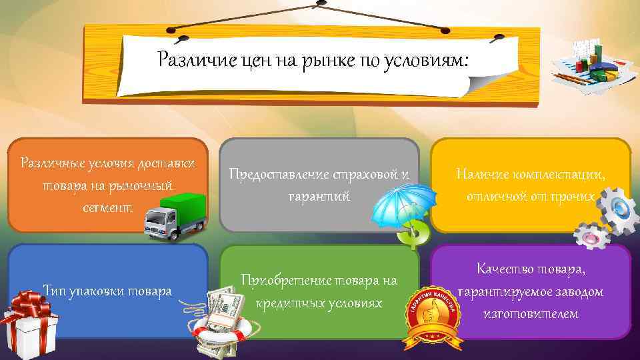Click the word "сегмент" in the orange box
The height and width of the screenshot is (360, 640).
[108, 207]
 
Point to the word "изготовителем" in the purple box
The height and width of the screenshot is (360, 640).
[531, 313]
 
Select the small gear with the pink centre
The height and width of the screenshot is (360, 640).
[591, 237]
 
